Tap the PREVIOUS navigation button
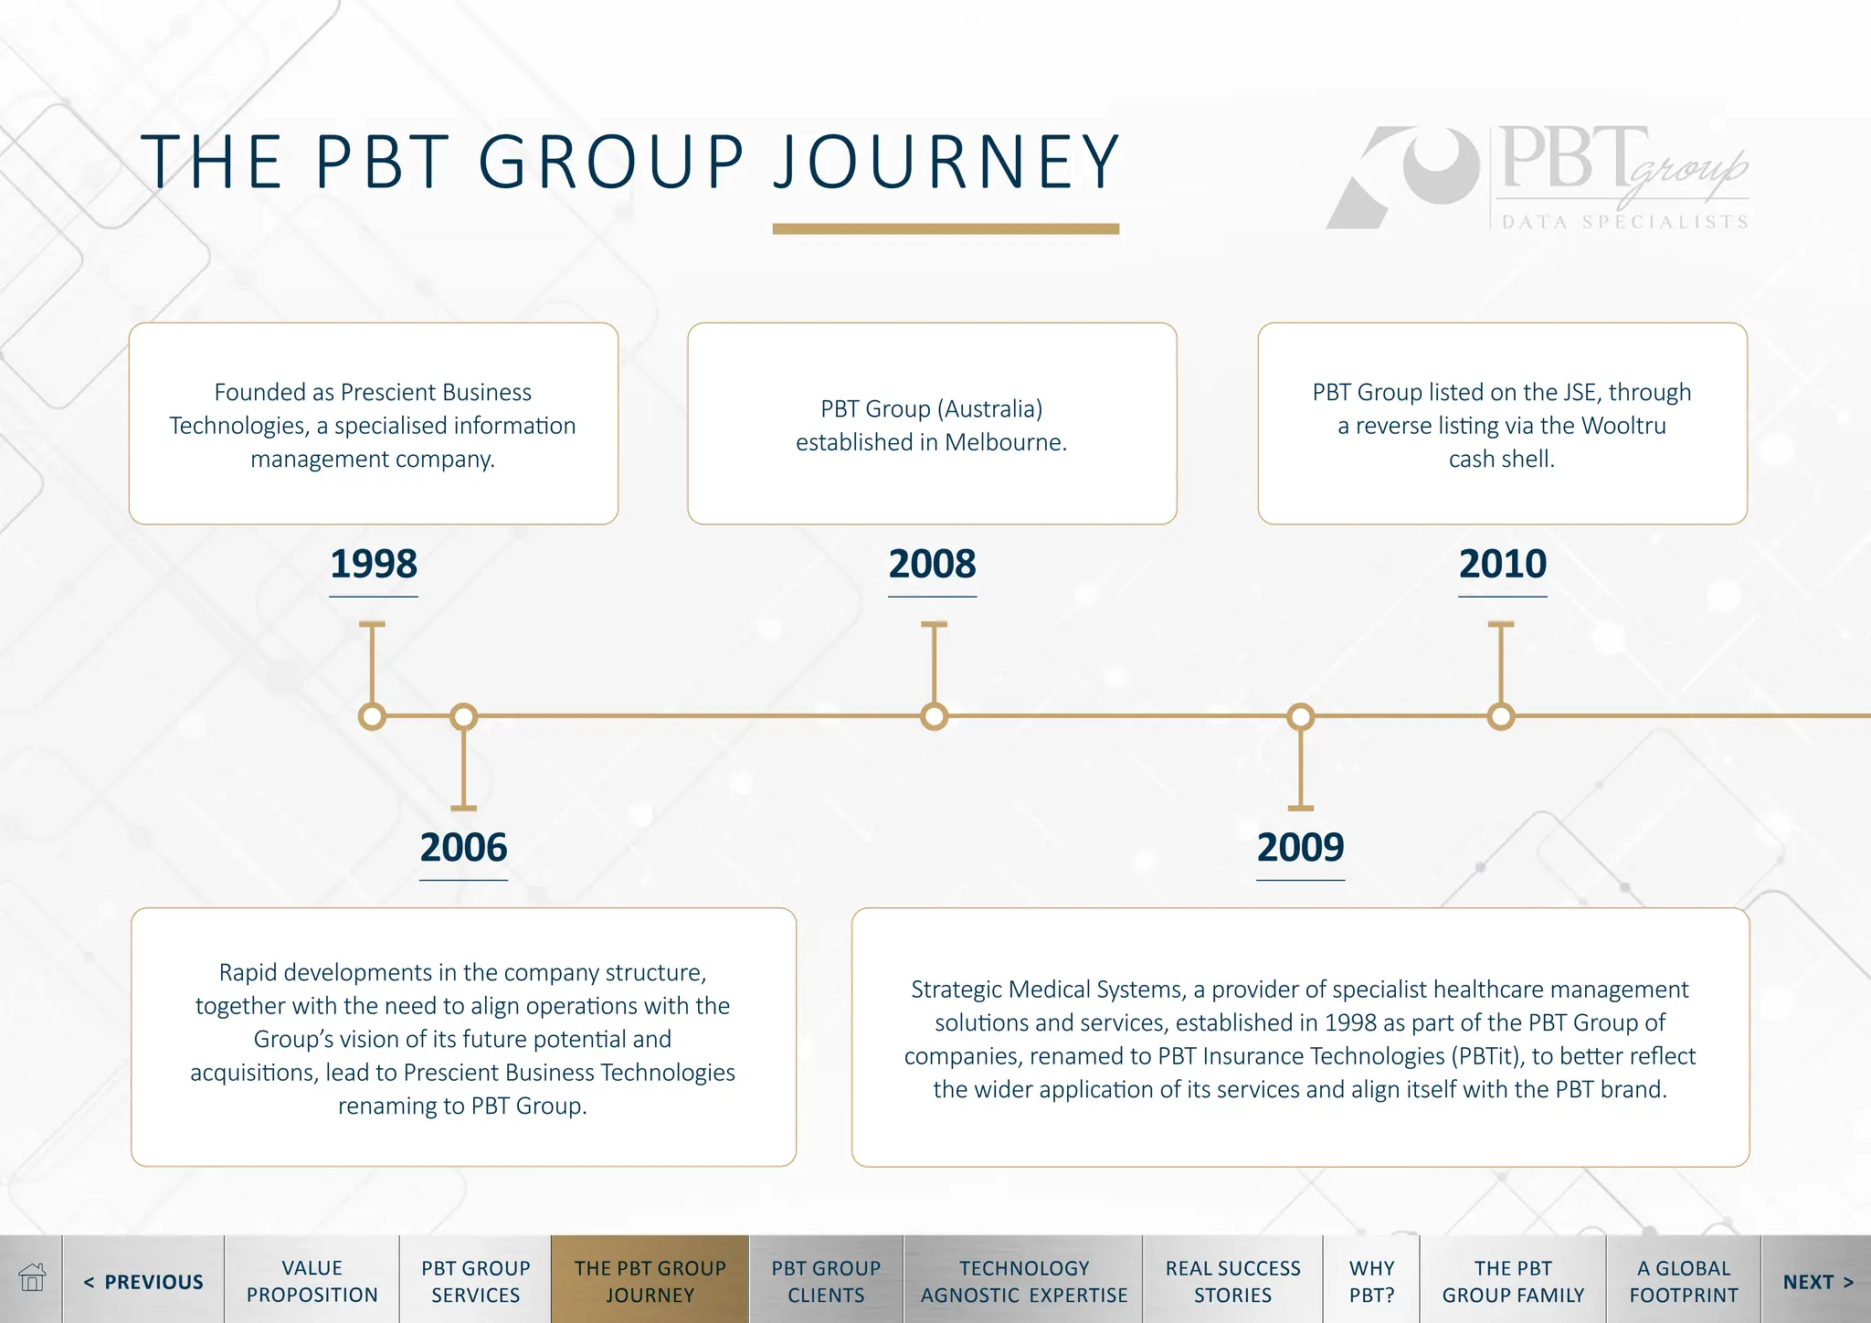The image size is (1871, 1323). pyautogui.click(x=143, y=1282)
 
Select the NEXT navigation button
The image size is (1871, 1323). pyautogui.click(x=1817, y=1282)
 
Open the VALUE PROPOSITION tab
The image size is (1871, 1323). pyautogui.click(x=312, y=1281)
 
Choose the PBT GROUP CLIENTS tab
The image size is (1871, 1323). pyautogui.click(x=826, y=1281)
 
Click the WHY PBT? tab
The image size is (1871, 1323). pyautogui.click(x=1371, y=1281)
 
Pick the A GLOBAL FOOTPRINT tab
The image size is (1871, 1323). pyautogui.click(x=1683, y=1281)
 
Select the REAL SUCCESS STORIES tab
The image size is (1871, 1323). pyautogui.click(x=1232, y=1281)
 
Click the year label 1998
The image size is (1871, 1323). pyautogui.click(x=374, y=564)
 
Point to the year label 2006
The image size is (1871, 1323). pyautogui.click(x=463, y=848)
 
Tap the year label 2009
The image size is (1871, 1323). pyautogui.click(x=1300, y=848)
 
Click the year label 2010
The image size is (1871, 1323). pyautogui.click(x=1502, y=564)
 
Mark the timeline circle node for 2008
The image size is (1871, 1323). pyautogui.click(x=934, y=716)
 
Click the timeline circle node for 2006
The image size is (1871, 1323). pyautogui.click(x=463, y=716)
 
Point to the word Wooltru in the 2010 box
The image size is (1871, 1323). pyautogui.click(x=1623, y=426)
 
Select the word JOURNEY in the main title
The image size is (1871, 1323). pyautogui.click(x=946, y=163)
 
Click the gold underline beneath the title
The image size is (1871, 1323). pyautogui.click(x=946, y=229)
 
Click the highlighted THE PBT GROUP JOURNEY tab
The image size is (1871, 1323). pyautogui.click(x=650, y=1281)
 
